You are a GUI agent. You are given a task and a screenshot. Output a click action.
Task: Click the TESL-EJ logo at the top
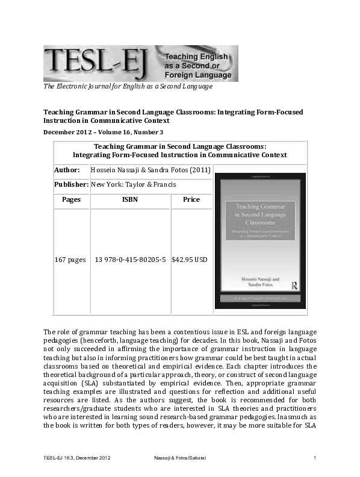click(x=140, y=63)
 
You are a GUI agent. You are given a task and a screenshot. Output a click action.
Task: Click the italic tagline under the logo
click(x=128, y=87)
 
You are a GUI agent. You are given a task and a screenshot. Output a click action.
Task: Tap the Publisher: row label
click(x=71, y=184)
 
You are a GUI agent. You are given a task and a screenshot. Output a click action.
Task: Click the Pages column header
click(x=71, y=199)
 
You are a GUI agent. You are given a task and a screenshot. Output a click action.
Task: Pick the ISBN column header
click(x=129, y=199)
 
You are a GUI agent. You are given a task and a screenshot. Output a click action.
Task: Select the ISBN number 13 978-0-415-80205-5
click(x=130, y=260)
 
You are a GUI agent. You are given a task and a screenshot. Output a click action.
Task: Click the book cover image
click(x=260, y=241)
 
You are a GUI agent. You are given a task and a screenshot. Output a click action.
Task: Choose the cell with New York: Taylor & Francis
click(x=133, y=184)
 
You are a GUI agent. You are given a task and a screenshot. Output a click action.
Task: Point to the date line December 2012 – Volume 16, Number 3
click(x=103, y=132)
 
